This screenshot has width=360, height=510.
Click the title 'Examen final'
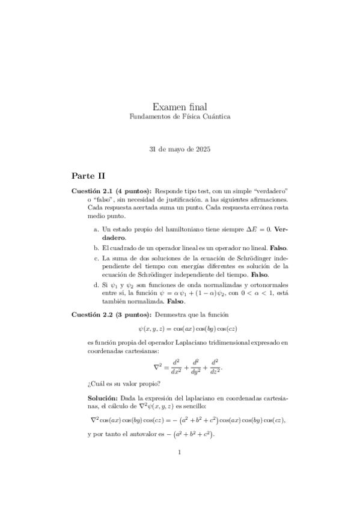pyautogui.click(x=180, y=106)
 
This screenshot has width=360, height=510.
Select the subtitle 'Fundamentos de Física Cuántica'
pyautogui.click(x=180, y=116)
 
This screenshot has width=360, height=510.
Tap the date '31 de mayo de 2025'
pyautogui.click(x=180, y=148)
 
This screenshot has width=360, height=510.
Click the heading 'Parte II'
pyautogui.click(x=88, y=175)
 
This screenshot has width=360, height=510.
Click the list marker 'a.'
pyautogui.click(x=97, y=229)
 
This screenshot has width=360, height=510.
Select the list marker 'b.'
pyautogui.click(x=97, y=247)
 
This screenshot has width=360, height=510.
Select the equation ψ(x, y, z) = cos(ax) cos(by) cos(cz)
pyautogui.click(x=180, y=329)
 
